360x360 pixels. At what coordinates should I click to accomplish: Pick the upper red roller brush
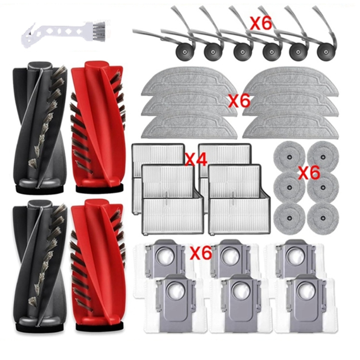tap(98, 126)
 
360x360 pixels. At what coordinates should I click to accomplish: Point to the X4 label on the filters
tap(196, 159)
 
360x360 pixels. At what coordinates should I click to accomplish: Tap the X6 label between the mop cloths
tap(239, 101)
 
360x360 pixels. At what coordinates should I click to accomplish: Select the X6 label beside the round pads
tap(309, 172)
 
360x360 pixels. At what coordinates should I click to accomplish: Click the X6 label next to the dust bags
tap(200, 253)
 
